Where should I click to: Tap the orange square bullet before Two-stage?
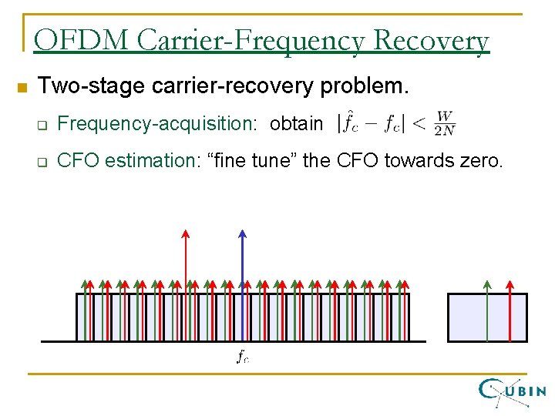(22, 87)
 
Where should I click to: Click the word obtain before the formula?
(297, 123)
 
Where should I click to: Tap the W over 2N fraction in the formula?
(445, 123)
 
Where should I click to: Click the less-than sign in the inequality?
(420, 124)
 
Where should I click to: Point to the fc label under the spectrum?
(242, 356)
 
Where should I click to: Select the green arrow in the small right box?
(486, 308)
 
